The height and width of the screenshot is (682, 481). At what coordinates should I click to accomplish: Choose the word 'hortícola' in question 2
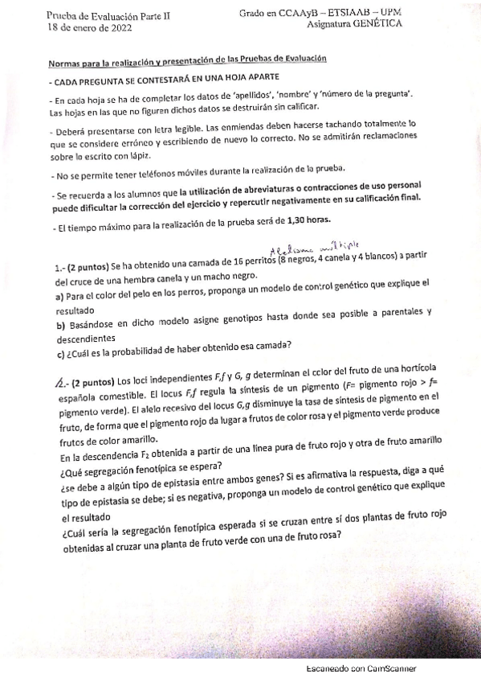coord(414,381)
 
